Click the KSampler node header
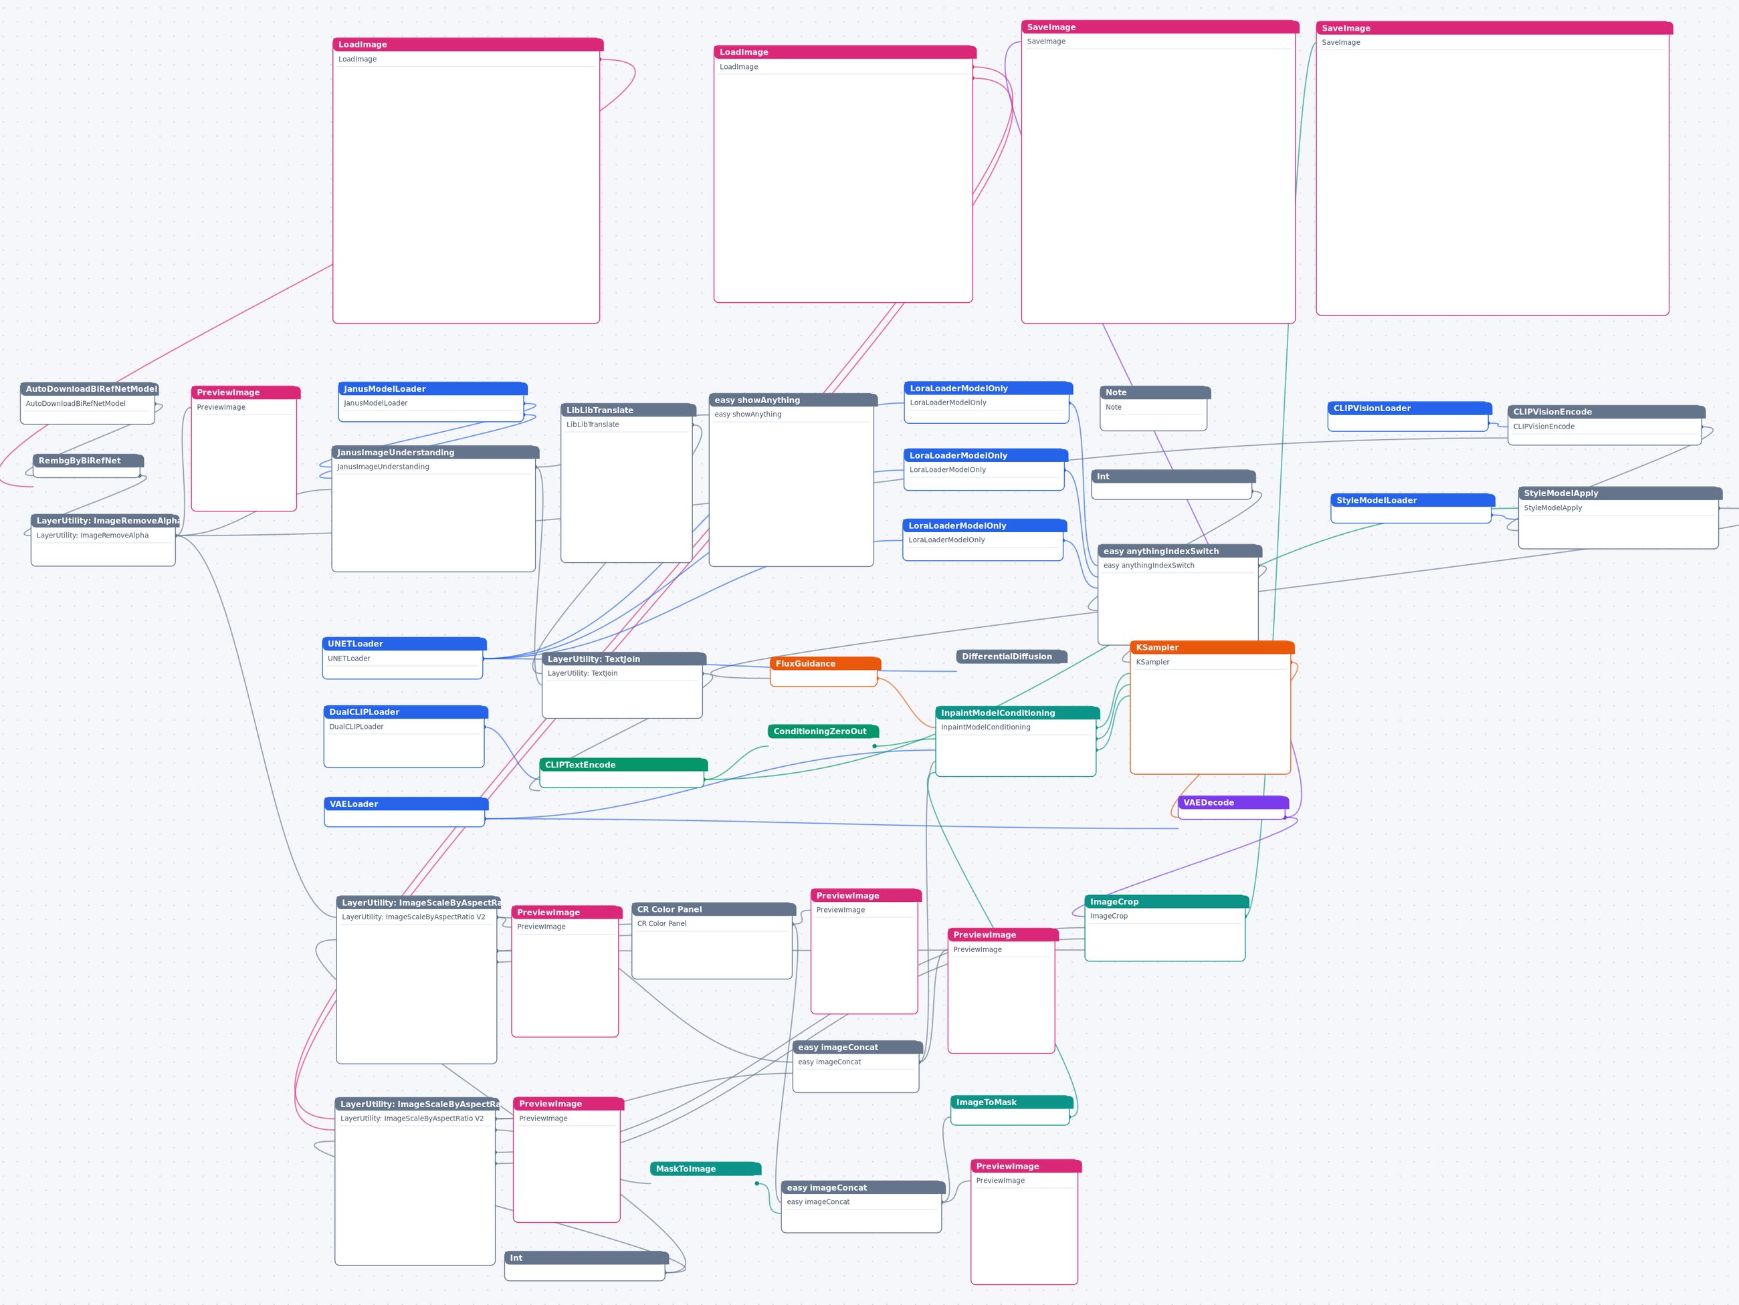pos(1211,647)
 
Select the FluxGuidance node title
pos(825,664)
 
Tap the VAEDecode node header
pos(1233,803)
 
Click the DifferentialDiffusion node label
pos(1011,657)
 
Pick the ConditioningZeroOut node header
pos(822,731)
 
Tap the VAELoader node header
pos(406,804)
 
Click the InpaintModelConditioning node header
pos(1017,713)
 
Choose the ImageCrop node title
pos(1166,902)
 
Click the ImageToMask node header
pos(1011,1102)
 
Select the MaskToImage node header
pos(705,1169)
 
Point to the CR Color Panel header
pos(713,910)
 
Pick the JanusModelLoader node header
pos(432,389)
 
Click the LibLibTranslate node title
pos(628,410)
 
